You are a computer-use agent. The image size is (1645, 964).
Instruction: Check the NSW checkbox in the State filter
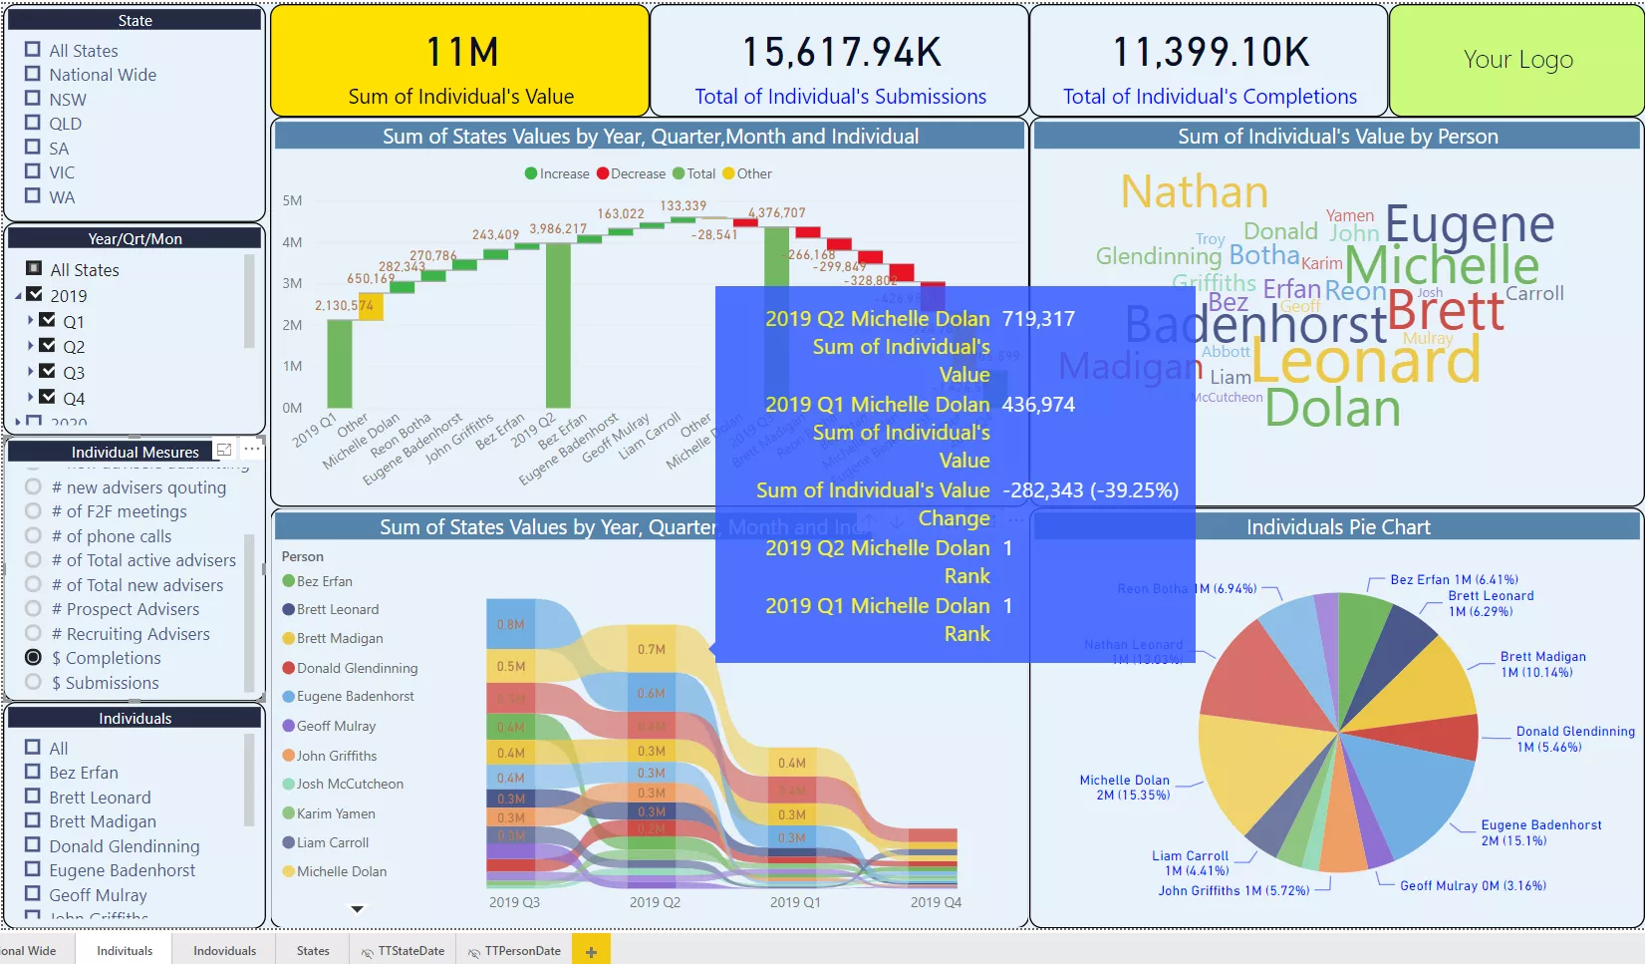tap(33, 99)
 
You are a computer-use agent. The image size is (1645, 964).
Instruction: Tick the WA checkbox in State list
tap(33, 196)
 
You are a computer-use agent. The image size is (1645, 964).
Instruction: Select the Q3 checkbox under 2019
tap(47, 371)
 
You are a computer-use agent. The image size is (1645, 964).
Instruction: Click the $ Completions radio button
tap(34, 657)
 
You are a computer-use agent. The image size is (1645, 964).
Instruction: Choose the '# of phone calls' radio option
tap(34, 535)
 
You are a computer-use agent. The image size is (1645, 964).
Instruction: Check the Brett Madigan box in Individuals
tap(33, 820)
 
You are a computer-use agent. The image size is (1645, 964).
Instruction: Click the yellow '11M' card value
tap(462, 53)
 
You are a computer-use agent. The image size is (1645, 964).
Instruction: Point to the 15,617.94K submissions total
tap(841, 53)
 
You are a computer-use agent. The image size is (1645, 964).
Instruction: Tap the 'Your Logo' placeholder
tap(1517, 60)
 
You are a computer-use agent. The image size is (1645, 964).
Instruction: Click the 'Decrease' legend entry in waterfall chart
tap(632, 173)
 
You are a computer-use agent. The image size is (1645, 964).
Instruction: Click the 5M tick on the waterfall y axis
tap(292, 200)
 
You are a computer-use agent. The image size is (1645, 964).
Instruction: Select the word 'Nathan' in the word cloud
tap(1194, 191)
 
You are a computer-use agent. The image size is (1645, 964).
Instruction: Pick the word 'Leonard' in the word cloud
tap(1365, 361)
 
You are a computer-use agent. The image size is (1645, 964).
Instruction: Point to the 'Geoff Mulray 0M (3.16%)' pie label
tap(1473, 885)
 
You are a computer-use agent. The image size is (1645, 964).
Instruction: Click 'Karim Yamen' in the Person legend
tap(336, 813)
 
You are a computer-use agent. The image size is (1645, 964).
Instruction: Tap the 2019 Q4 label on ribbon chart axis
tap(936, 902)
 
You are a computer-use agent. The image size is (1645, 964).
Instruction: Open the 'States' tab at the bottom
tap(313, 950)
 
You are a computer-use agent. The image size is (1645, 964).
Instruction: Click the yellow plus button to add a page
tap(591, 951)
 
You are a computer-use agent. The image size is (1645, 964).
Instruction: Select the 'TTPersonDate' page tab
tap(522, 950)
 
